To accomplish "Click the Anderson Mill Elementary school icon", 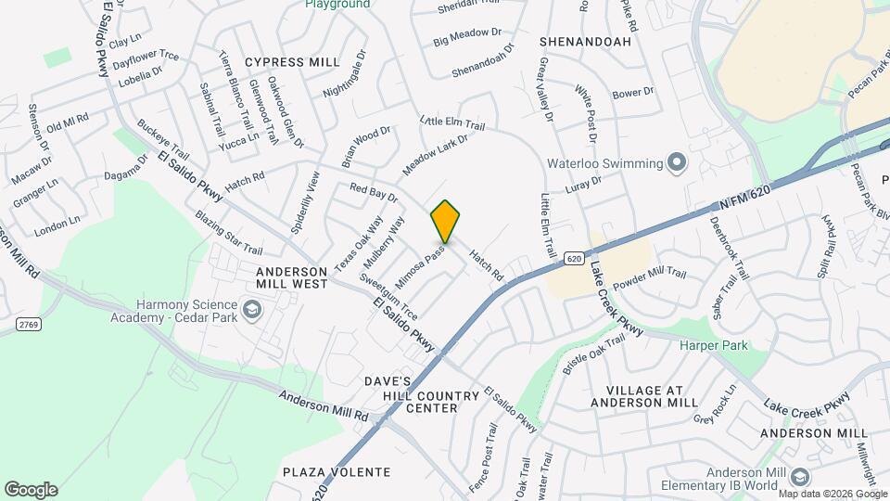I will (x=801, y=477).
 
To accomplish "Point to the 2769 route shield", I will (x=26, y=323).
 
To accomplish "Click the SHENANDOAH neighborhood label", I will (x=585, y=42).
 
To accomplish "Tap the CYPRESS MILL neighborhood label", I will (x=292, y=62).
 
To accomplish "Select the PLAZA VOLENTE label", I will (x=337, y=472).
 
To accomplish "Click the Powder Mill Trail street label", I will (x=649, y=276).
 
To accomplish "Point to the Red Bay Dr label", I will (x=374, y=192).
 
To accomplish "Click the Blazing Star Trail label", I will (x=228, y=233).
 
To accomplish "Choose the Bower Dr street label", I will (x=633, y=93).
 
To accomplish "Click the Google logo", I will (x=31, y=490).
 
